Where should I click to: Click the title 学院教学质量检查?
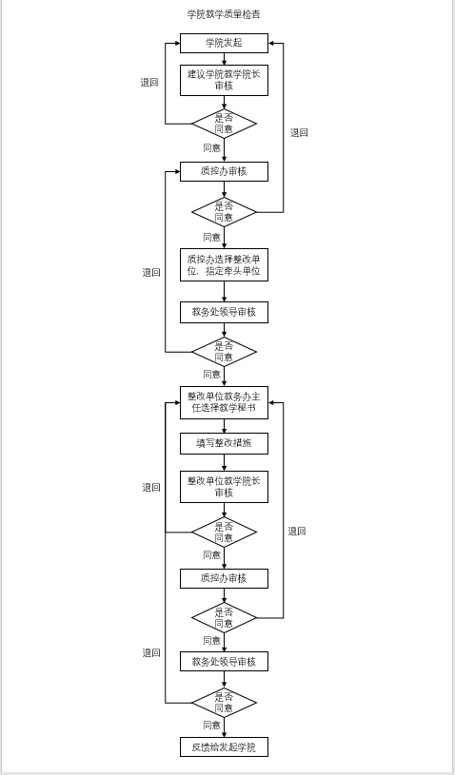pos(224,14)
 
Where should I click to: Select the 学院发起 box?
pos(224,43)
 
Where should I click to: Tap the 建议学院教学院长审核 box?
pos(224,80)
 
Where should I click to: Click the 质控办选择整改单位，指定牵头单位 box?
pos(224,265)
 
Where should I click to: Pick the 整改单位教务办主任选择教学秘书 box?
pos(224,402)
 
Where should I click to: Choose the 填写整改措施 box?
pos(224,443)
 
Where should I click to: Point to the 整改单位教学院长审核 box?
pos(224,486)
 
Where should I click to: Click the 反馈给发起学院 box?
pos(224,746)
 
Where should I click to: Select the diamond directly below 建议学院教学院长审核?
pos(224,124)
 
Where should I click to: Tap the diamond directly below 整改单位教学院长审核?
pos(224,532)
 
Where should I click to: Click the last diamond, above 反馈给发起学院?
pos(224,703)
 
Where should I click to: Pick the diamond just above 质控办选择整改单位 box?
pos(224,212)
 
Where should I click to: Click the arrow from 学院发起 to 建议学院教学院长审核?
pos(224,59)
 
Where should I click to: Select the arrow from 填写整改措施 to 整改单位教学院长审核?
pos(224,462)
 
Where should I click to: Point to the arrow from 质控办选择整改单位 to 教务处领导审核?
pos(224,292)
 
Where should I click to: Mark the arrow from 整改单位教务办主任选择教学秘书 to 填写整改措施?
pos(224,426)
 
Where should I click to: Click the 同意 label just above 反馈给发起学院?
pos(212,726)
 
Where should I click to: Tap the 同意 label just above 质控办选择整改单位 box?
pos(212,237)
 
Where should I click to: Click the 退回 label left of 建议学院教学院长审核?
pos(149,83)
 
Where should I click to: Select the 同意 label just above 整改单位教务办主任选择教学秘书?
pos(212,374)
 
